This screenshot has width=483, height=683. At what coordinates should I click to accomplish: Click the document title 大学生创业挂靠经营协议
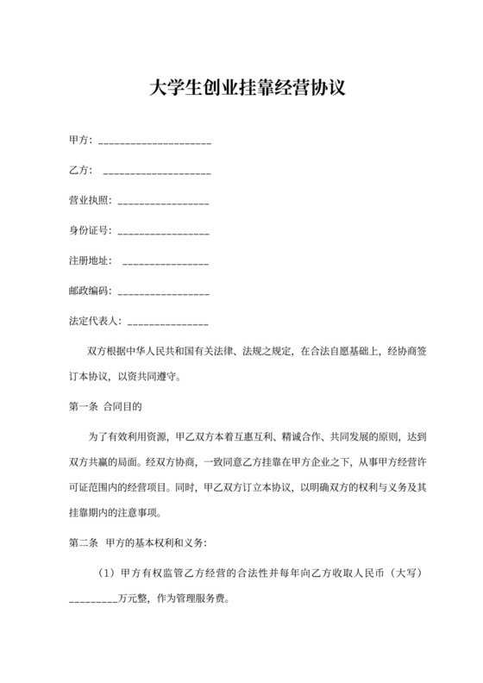tap(241, 88)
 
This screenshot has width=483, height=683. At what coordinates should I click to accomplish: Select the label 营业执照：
tap(91, 201)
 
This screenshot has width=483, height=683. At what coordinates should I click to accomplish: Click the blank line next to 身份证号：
tap(162, 233)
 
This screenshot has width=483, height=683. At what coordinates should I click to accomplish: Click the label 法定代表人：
tap(96, 321)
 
